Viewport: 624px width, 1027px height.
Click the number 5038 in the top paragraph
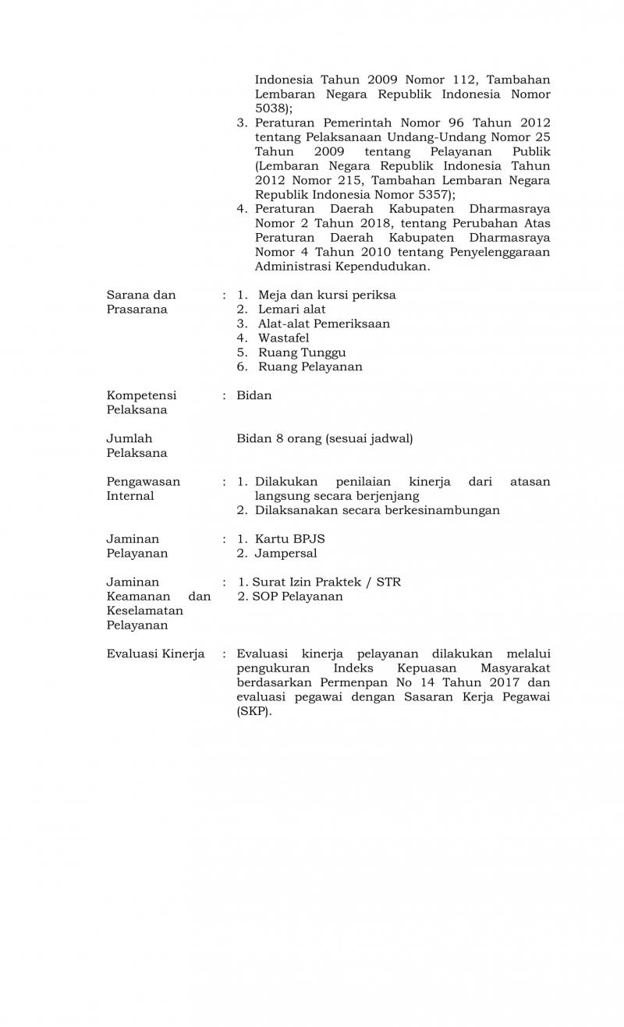point(270,108)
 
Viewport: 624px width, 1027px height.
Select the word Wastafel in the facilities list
point(283,338)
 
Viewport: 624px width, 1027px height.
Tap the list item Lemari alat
point(292,309)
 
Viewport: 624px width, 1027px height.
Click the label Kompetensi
point(141,395)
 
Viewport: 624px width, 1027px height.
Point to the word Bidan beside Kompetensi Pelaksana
point(254,395)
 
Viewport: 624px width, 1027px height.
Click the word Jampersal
point(285,553)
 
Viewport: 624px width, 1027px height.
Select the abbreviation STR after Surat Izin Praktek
point(388,582)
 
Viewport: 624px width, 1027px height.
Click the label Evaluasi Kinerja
point(155,653)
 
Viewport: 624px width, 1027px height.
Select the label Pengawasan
point(143,481)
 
